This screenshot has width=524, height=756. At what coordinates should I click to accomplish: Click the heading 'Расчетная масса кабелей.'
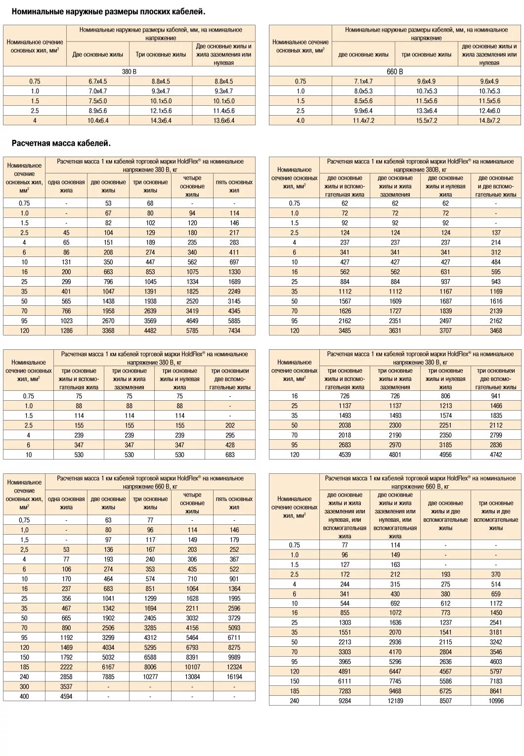[x=61, y=143]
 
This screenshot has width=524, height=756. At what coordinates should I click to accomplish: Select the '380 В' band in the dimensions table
[x=129, y=72]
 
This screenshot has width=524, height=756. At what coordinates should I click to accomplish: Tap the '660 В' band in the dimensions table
[x=395, y=72]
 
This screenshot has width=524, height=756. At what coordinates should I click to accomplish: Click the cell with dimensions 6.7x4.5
[x=98, y=82]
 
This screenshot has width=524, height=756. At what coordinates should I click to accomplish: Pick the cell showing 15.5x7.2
[x=427, y=121]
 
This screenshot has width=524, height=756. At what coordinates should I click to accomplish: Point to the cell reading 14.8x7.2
[x=489, y=121]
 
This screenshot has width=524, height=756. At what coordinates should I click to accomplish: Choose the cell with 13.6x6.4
[x=224, y=121]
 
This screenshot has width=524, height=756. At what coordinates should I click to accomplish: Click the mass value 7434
[x=234, y=331]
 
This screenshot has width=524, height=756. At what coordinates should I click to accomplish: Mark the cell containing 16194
[x=234, y=677]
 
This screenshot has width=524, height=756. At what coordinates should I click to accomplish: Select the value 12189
[x=395, y=701]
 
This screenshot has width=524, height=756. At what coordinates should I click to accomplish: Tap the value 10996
[x=496, y=701]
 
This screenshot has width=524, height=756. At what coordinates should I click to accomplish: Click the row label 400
[x=24, y=696]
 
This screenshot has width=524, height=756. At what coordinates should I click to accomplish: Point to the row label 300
[x=24, y=687]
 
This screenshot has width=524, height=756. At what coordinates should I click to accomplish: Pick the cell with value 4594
[x=66, y=696]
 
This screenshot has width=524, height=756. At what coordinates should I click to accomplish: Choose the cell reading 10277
[x=150, y=677]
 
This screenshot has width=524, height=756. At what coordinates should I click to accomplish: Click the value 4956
[x=445, y=455]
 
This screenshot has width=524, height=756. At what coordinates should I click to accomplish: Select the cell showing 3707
[x=445, y=331]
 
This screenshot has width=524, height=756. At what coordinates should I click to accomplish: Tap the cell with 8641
[x=496, y=691]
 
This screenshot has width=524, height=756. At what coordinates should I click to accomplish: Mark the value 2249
[x=234, y=292]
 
